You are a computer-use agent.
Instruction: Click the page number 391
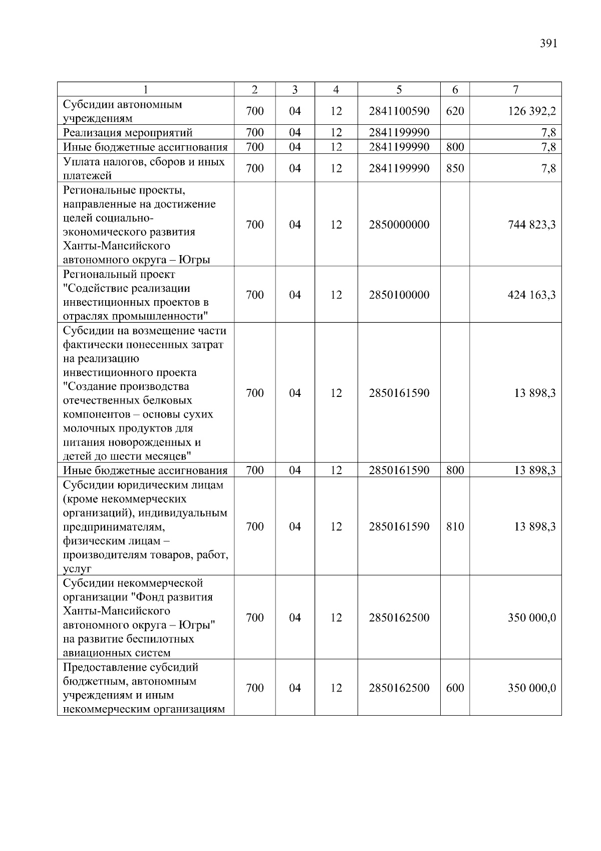coord(548,44)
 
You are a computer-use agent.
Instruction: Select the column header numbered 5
coord(399,90)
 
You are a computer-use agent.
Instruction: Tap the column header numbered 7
coord(515,90)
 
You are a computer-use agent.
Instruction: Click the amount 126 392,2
coord(531,111)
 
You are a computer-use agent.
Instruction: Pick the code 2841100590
coord(399,111)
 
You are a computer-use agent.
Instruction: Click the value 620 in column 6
coord(455,111)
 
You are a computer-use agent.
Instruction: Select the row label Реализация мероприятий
coord(128,133)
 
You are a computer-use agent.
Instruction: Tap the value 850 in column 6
coord(455,168)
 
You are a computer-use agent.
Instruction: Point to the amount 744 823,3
coord(531,225)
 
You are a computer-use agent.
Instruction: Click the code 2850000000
coord(399,225)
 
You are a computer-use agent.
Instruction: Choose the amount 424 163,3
coord(531,295)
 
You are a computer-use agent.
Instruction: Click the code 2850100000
coord(399,295)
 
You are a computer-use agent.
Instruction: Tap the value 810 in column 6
coord(455,527)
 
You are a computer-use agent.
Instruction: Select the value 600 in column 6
coord(455,688)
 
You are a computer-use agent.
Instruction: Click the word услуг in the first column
coord(77,569)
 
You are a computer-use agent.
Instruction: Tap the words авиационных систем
coord(117,653)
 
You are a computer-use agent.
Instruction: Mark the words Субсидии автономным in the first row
coord(122,105)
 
